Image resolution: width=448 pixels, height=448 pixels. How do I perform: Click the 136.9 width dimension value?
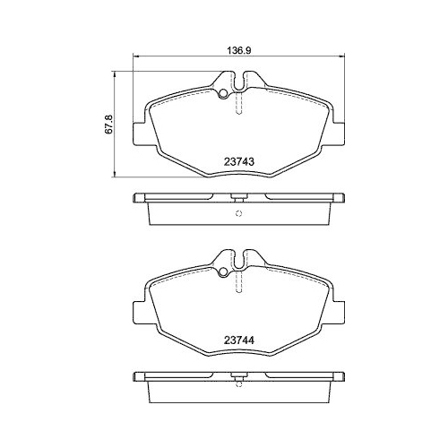point(238,51)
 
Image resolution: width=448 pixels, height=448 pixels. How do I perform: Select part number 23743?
point(238,161)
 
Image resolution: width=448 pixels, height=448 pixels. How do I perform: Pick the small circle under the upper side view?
point(238,213)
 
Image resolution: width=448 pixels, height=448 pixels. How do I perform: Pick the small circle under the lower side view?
point(238,390)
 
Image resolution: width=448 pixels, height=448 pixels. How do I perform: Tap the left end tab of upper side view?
point(140,197)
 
